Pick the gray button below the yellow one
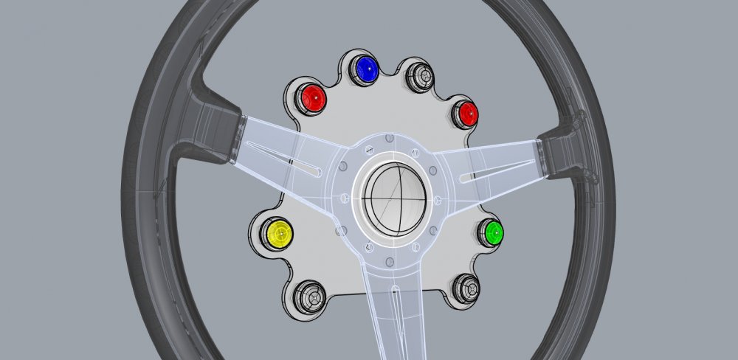[308, 297]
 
